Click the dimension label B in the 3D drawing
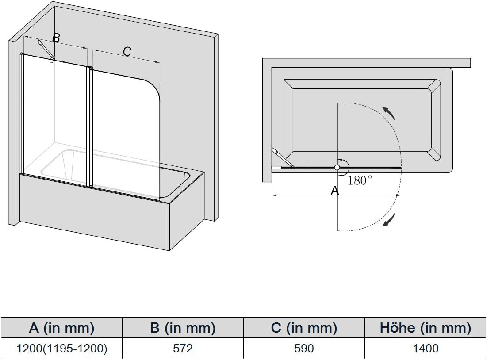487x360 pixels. (x=56, y=38)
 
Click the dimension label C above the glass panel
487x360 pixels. (x=127, y=51)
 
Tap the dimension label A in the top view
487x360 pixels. (x=335, y=191)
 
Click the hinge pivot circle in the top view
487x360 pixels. (x=337, y=168)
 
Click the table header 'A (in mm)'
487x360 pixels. (x=61, y=328)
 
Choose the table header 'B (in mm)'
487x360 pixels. (x=183, y=328)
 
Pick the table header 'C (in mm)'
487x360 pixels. (x=304, y=328)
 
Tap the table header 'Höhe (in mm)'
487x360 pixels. (x=426, y=328)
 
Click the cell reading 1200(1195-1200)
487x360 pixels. (x=61, y=349)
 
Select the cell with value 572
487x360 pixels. (x=183, y=349)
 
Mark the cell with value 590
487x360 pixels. (x=304, y=349)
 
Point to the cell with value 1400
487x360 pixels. (x=426, y=349)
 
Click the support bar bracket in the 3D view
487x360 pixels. (x=46, y=50)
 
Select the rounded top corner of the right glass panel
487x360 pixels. (x=153, y=84)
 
